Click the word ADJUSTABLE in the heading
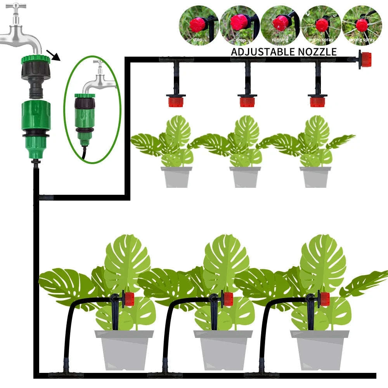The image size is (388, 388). pos(264,52)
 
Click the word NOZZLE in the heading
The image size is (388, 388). pos(318,52)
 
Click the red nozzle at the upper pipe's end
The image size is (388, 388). pos(365,60)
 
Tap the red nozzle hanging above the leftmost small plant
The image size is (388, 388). pos(176,101)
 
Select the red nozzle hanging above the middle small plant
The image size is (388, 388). pos(247,101)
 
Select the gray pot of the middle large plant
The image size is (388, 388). pos(223,349)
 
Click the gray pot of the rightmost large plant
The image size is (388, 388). pos(320,349)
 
